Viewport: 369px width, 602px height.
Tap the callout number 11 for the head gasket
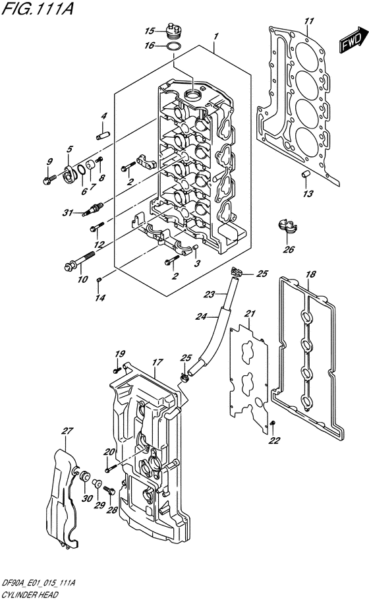coord(309,20)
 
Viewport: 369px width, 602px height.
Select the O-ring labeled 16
coord(174,47)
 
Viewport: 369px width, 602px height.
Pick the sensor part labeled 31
coord(92,210)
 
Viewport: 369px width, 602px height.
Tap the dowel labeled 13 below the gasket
coord(305,174)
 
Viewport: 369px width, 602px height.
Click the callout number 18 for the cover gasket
coord(311,274)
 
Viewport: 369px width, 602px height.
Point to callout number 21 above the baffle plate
coord(250,314)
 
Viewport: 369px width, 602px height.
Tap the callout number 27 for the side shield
coord(67,431)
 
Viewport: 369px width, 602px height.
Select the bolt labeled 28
coord(110,491)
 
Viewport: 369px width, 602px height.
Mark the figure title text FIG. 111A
coord(37,9)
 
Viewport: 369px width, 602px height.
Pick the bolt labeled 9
coord(50,179)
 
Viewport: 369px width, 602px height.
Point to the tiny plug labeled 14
coord(99,280)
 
